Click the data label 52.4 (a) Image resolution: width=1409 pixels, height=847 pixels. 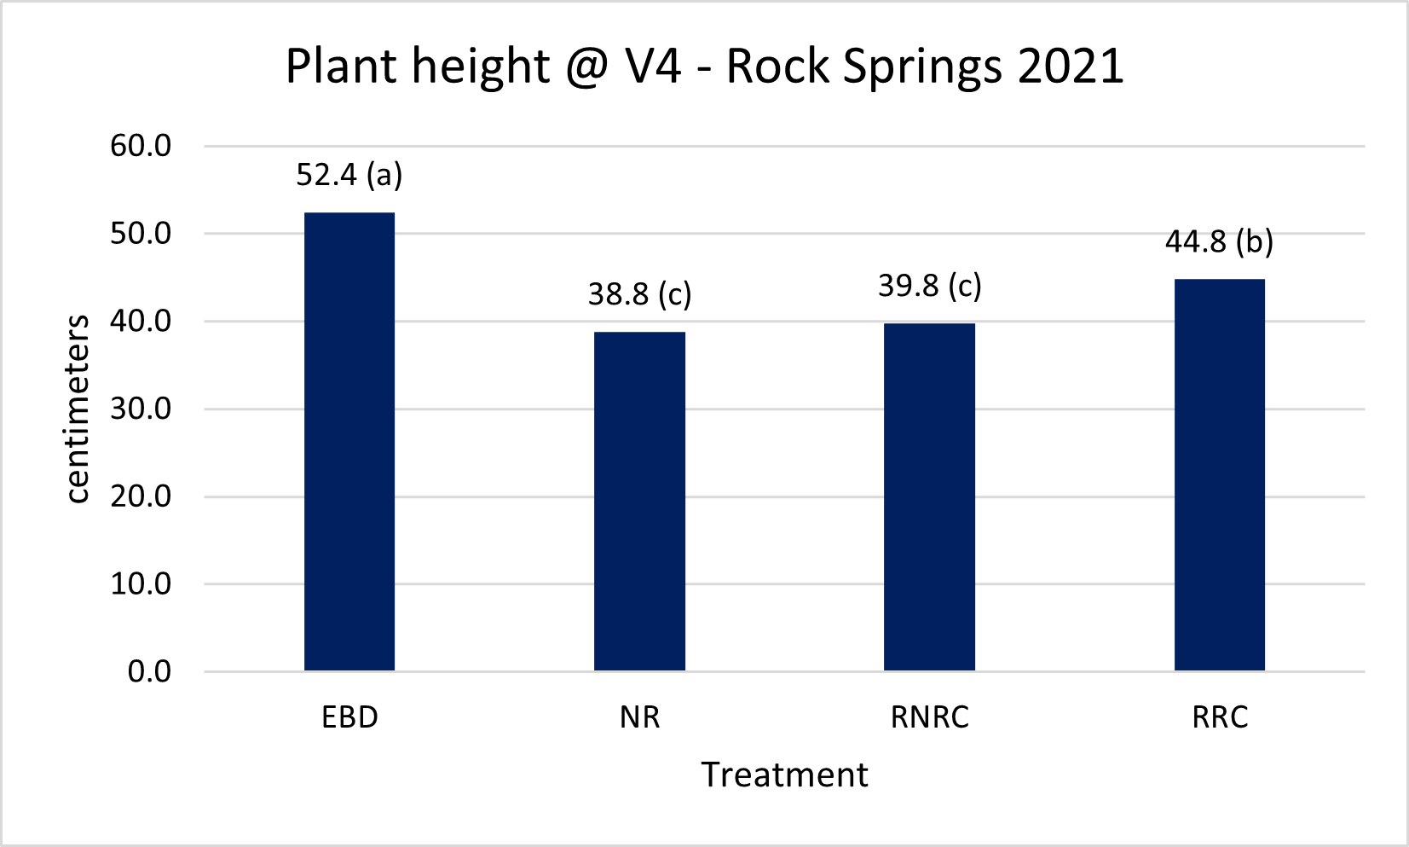(349, 175)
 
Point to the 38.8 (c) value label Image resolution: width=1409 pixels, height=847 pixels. (639, 294)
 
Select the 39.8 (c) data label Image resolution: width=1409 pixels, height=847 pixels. (929, 286)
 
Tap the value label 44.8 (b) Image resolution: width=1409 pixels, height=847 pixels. (1219, 242)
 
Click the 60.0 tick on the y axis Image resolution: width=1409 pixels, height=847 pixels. (141, 146)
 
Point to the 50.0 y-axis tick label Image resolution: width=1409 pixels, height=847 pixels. (141, 234)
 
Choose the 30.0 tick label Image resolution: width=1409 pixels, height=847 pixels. (141, 409)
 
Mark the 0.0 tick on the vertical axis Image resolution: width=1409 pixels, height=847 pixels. (149, 672)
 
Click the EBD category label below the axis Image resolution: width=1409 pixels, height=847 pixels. (349, 717)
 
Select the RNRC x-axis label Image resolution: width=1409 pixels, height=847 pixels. (929, 717)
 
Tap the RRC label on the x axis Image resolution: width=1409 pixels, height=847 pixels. (1220, 717)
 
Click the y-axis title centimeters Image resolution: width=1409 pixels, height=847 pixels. (78, 409)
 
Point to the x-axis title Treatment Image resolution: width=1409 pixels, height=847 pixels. (784, 774)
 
